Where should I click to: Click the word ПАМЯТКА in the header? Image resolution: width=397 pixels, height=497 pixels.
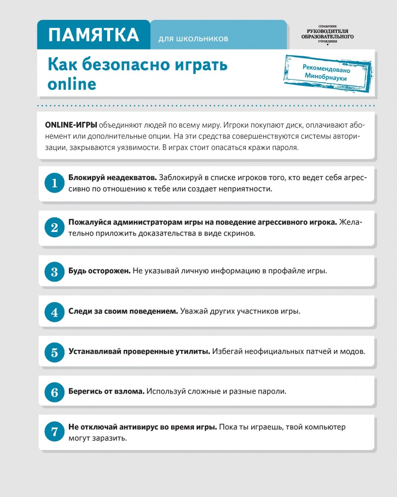[94, 35]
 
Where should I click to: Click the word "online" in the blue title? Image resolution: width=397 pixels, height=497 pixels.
[72, 84]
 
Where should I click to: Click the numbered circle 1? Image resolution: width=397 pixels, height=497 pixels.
[54, 183]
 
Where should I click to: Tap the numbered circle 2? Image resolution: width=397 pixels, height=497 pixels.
[54, 228]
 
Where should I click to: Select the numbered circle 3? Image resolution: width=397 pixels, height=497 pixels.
[54, 271]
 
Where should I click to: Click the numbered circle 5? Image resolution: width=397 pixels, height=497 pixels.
[54, 352]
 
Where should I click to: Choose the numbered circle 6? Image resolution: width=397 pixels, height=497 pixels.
[54, 392]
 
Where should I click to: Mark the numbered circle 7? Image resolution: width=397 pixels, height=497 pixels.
[54, 432]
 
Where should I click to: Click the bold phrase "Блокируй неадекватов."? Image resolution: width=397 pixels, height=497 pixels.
[112, 178]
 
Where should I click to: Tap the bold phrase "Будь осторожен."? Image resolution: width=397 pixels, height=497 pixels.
[99, 271]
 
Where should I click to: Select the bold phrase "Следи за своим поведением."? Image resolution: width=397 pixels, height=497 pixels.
[123, 311]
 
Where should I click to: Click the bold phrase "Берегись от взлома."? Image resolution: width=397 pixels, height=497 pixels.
[106, 391]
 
